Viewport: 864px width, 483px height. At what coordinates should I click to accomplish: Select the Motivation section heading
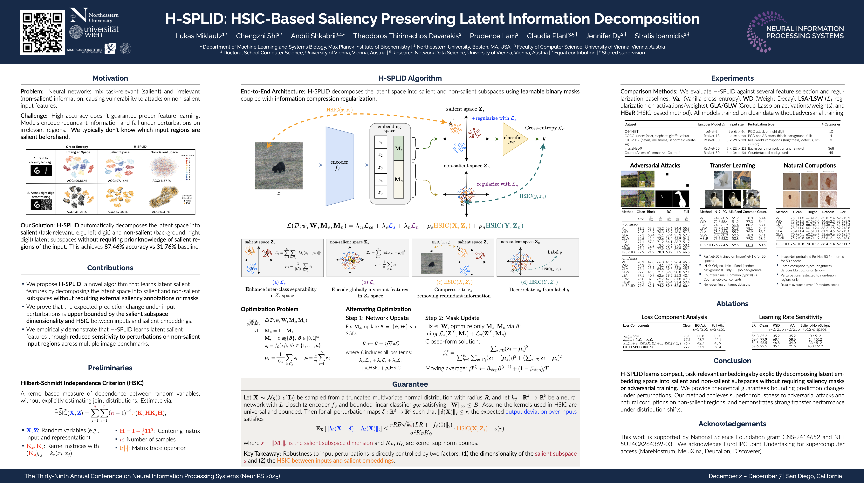pos(110,78)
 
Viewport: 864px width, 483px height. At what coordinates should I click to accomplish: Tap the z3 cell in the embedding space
pos(380,167)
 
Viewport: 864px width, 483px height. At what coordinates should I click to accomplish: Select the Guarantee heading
pos(410,384)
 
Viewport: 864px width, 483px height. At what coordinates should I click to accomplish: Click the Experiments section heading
pos(732,78)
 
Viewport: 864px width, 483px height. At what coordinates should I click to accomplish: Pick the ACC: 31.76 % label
pos(77,212)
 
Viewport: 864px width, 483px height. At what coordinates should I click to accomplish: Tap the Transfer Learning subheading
pos(732,165)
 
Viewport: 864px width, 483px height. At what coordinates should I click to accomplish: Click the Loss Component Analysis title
pos(674,317)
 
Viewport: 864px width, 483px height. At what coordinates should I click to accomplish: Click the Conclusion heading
pos(732,361)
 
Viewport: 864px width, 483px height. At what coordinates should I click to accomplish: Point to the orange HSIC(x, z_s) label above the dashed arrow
pos(339,110)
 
